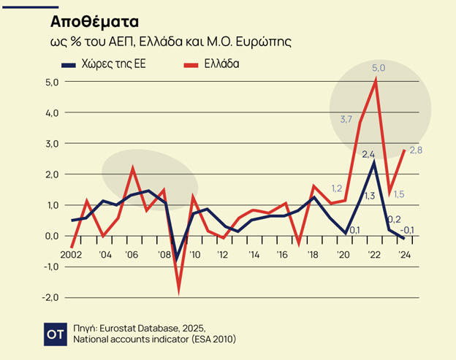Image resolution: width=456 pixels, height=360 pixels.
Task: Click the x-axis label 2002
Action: point(72,255)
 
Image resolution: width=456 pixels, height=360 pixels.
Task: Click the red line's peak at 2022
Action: point(375,80)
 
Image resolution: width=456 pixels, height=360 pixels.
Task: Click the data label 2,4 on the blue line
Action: point(369,153)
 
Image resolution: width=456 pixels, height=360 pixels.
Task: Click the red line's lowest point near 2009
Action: point(178,293)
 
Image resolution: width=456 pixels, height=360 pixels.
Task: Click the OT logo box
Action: point(57,332)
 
